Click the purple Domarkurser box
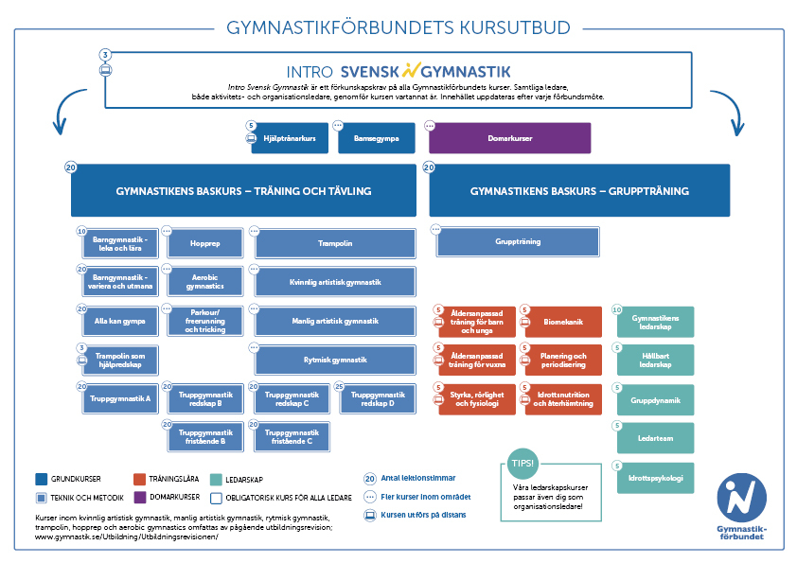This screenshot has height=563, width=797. (510, 138)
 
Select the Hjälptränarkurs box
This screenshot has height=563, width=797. (290, 138)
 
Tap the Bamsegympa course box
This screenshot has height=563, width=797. (377, 138)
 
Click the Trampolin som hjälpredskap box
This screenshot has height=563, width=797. (120, 361)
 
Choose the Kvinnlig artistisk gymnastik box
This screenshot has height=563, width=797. (335, 282)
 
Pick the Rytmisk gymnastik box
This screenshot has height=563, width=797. (335, 360)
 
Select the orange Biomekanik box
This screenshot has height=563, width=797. (563, 322)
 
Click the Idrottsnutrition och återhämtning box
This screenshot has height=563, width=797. (563, 399)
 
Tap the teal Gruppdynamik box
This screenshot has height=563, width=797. (656, 400)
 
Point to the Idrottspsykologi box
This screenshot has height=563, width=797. (656, 478)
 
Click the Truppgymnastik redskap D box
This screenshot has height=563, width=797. (378, 399)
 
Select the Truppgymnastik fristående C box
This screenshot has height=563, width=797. (292, 437)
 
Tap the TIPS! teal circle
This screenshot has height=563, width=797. (522, 464)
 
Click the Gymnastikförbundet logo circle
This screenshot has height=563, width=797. (741, 498)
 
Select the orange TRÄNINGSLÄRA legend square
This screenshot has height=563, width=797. (139, 479)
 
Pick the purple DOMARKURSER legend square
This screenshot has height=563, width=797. (140, 497)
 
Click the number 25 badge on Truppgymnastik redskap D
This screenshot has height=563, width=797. (340, 387)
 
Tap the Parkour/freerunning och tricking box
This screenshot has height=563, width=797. (205, 321)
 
